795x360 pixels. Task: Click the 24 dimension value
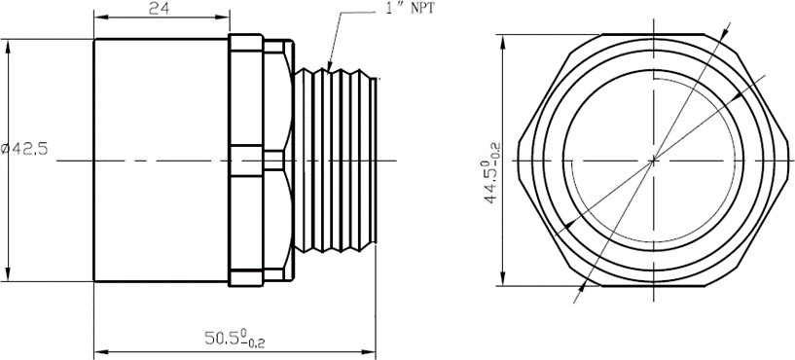160,8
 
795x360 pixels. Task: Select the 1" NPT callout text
411,8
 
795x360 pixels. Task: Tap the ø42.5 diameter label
25,149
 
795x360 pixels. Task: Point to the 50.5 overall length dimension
235,339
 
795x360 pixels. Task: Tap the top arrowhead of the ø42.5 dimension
8,47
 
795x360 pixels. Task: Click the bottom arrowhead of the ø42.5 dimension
8,273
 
